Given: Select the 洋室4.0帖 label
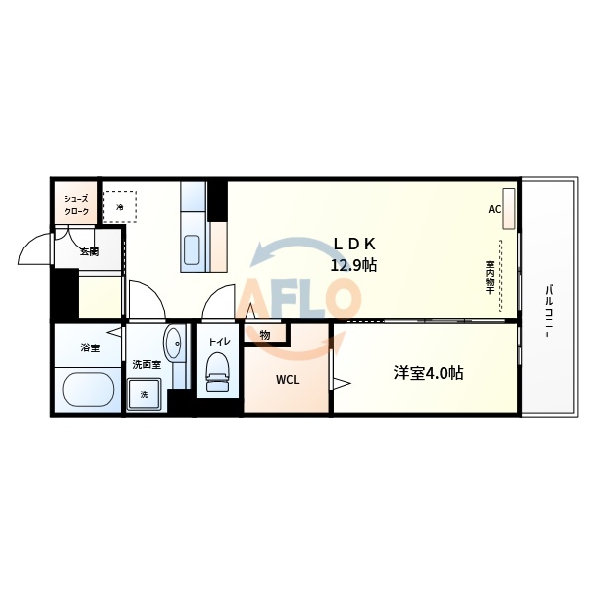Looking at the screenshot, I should [429, 373].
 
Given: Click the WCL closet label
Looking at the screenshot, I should [287, 379].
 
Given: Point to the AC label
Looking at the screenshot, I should [494, 210].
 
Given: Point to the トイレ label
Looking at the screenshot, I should [218, 342].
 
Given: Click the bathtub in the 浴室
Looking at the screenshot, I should [87, 388].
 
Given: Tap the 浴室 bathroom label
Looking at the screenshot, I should [90, 347].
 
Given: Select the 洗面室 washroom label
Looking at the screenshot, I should [146, 364].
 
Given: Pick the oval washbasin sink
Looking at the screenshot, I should [174, 344].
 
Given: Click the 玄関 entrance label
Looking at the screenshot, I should [89, 251].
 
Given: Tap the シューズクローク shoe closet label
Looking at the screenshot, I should [77, 205].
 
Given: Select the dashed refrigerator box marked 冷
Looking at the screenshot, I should [120, 206].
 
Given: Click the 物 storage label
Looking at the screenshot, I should [265, 335].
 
